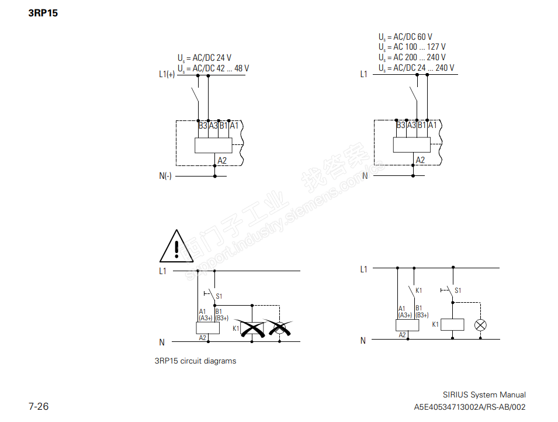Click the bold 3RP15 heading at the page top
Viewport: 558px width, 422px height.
(x=43, y=12)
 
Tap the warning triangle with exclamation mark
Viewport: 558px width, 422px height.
(x=176, y=247)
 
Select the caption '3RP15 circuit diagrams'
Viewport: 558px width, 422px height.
(x=195, y=361)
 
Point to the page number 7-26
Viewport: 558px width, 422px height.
(x=39, y=406)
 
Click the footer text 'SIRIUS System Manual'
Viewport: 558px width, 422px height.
(x=484, y=395)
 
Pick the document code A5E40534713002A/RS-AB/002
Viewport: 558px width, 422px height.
(x=470, y=407)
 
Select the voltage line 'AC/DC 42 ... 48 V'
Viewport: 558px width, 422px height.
(x=213, y=68)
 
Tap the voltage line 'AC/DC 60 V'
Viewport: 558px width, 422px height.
(x=405, y=37)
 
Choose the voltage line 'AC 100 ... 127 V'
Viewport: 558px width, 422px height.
(x=411, y=47)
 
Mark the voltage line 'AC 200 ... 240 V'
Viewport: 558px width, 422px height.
(x=411, y=58)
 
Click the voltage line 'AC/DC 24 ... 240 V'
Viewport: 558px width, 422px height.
(x=416, y=68)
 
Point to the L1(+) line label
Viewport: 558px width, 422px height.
(x=167, y=74)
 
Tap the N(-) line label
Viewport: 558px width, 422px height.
(x=165, y=176)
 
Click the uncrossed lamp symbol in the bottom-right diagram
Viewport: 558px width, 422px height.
(x=480, y=325)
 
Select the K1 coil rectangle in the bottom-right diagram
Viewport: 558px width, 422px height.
(x=452, y=324)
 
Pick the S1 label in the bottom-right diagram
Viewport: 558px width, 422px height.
(x=458, y=290)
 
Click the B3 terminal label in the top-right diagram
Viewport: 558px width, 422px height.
(x=401, y=125)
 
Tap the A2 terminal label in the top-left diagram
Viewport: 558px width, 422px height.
(x=222, y=160)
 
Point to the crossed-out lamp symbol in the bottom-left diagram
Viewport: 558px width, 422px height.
(x=280, y=328)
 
